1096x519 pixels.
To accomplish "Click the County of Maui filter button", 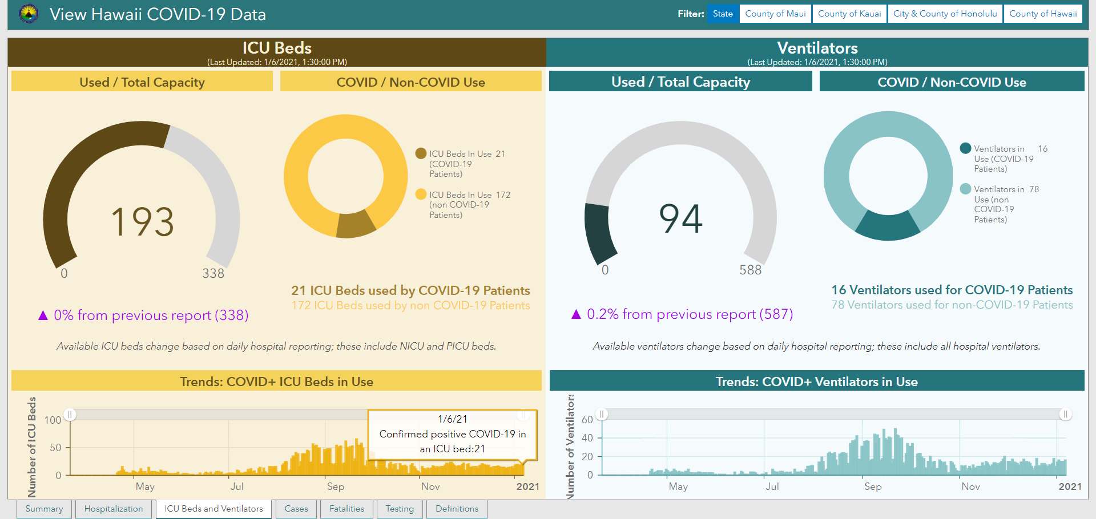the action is point(775,14).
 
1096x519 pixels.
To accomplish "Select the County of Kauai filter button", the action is point(849,14).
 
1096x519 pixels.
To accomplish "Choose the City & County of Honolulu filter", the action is point(945,14).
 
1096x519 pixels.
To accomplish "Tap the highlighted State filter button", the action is point(723,14).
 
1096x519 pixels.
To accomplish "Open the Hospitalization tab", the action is point(114,509).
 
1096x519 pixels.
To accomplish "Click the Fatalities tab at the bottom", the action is point(346,509).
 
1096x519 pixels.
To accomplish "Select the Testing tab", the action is point(400,509).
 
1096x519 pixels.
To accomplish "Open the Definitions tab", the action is point(457,509).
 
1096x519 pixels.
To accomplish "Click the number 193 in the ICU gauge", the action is point(142,222).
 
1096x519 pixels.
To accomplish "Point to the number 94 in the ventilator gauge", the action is point(680,218).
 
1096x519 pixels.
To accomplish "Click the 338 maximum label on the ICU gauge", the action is point(213,274).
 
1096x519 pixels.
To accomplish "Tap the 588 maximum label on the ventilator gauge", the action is point(750,270).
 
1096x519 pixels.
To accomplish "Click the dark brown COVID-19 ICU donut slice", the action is point(355,225).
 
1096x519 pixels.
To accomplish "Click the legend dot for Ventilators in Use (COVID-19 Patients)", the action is point(966,148).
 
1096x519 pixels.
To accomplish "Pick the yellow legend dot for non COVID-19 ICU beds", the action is point(421,194).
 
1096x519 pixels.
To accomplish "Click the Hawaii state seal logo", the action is point(29,14).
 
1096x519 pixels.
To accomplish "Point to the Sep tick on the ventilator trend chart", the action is point(873,486).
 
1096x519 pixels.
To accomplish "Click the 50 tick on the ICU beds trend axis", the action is point(55,448).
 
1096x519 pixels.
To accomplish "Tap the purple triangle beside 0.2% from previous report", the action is point(576,314).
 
